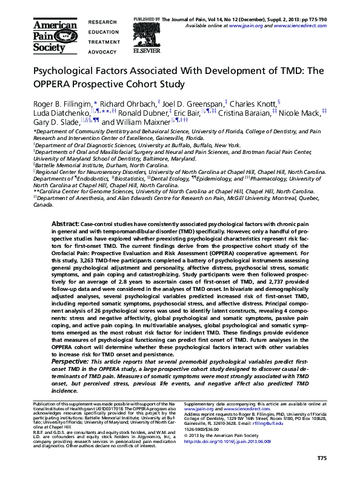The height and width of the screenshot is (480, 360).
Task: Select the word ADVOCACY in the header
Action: (102, 52)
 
